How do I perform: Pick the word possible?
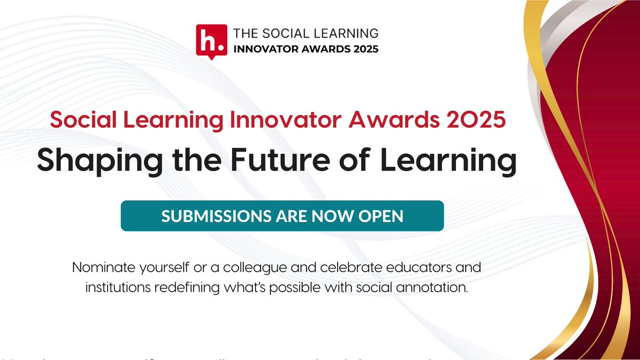[301, 290]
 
